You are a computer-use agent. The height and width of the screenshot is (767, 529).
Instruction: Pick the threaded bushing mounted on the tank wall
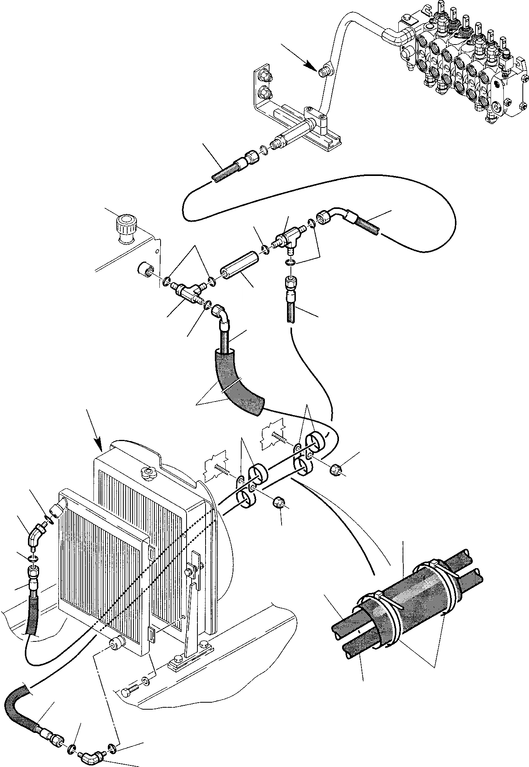click(146, 269)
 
